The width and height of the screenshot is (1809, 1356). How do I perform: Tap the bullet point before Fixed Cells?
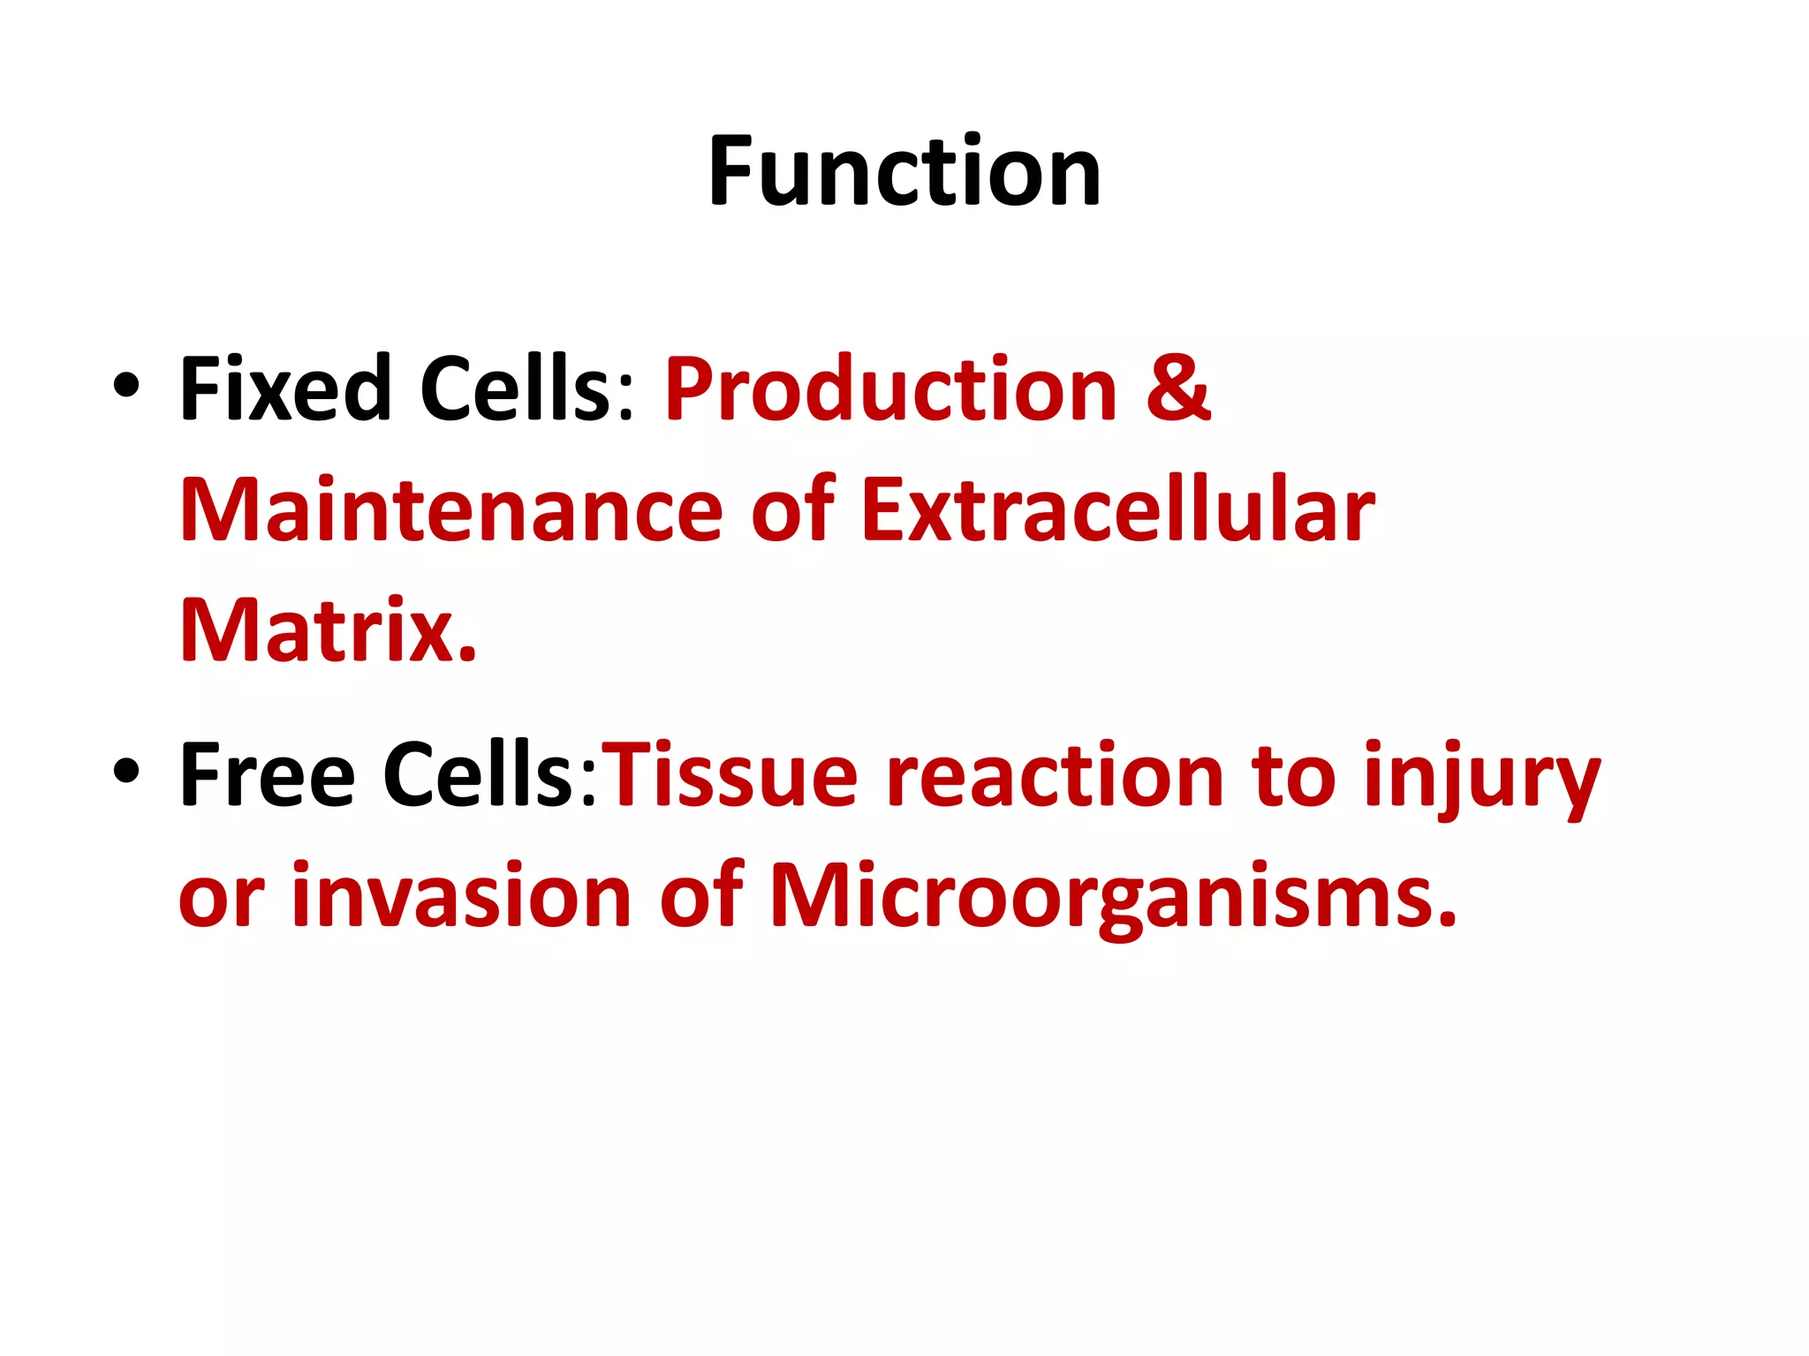[126, 386]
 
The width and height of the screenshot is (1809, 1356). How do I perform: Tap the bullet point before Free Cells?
[126, 770]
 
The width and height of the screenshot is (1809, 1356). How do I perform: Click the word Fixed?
[284, 388]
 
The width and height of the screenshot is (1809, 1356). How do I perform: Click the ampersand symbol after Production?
[1177, 388]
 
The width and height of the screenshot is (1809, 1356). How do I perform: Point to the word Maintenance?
[450, 509]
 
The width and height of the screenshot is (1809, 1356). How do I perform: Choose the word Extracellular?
[1117, 509]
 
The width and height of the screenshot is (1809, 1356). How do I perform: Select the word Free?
[267, 774]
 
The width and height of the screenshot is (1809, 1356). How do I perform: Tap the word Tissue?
[733, 774]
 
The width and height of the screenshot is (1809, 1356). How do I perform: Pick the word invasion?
[460, 895]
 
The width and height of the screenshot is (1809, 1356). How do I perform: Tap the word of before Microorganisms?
[701, 895]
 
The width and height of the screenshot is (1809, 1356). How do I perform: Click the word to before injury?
[1293, 774]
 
